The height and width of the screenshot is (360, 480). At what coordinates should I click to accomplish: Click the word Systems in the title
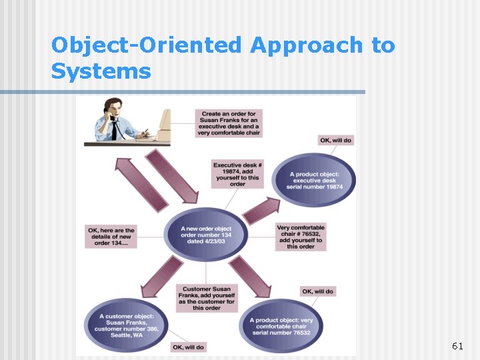tap(101, 71)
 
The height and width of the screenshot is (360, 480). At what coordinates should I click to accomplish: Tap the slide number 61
tap(457, 346)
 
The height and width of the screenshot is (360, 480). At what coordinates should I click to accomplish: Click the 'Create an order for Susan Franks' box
tap(229, 123)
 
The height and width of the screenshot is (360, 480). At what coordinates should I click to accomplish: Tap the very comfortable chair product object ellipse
tap(281, 327)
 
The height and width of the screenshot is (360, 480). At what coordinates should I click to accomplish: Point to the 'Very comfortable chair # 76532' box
tap(301, 237)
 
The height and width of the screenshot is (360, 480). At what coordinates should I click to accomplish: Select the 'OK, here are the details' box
tap(111, 237)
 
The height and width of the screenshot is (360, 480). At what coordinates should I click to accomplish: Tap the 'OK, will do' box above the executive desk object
tap(336, 141)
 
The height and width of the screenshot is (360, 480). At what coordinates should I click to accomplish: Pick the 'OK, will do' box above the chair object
tap(318, 291)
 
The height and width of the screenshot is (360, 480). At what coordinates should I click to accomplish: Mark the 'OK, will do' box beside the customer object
tap(188, 347)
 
